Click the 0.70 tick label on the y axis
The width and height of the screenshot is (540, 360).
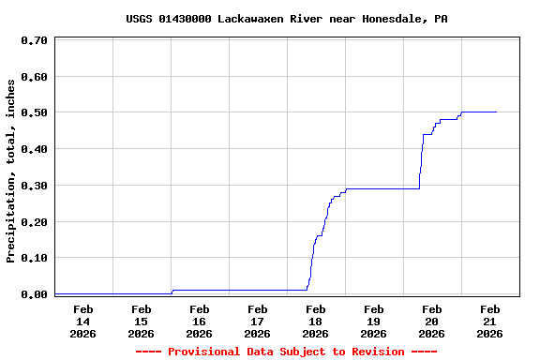click(x=34, y=41)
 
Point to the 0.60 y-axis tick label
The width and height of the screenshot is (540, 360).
click(x=34, y=77)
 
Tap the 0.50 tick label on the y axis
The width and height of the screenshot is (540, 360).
click(x=34, y=113)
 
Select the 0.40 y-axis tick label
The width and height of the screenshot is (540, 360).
click(x=34, y=149)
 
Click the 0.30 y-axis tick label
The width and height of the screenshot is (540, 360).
click(x=34, y=186)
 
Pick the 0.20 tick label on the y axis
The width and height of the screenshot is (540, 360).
click(x=34, y=222)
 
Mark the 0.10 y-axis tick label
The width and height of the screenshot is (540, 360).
click(x=34, y=258)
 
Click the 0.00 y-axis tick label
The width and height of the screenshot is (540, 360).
click(x=34, y=294)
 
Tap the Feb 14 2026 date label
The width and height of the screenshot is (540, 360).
click(x=82, y=321)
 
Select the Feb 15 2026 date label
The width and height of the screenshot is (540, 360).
click(x=141, y=321)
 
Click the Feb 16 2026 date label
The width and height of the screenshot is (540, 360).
click(x=199, y=321)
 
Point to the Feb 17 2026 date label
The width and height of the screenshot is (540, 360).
click(x=257, y=321)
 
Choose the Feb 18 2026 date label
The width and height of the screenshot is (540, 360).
click(x=315, y=321)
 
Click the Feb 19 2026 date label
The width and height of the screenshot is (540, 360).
click(x=373, y=321)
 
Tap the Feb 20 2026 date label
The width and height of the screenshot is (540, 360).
click(x=431, y=321)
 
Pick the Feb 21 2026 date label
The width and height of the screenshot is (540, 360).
click(x=489, y=321)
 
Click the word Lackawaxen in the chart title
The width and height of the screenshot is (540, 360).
click(x=247, y=19)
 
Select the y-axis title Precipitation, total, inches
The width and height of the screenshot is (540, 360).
click(x=11, y=171)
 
